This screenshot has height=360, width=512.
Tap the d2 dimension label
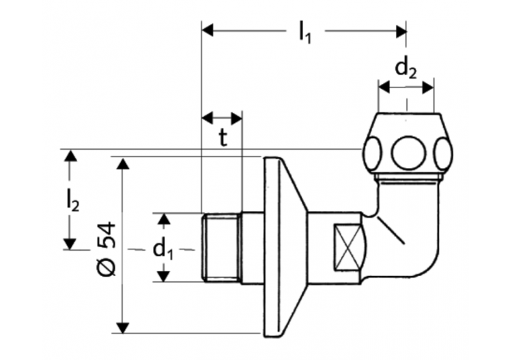point(406,68)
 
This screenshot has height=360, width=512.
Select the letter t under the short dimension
point(223,138)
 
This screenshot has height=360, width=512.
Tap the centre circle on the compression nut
point(406,152)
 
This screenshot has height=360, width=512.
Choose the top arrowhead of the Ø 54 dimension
point(123,163)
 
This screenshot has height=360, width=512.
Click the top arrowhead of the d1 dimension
point(164,219)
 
